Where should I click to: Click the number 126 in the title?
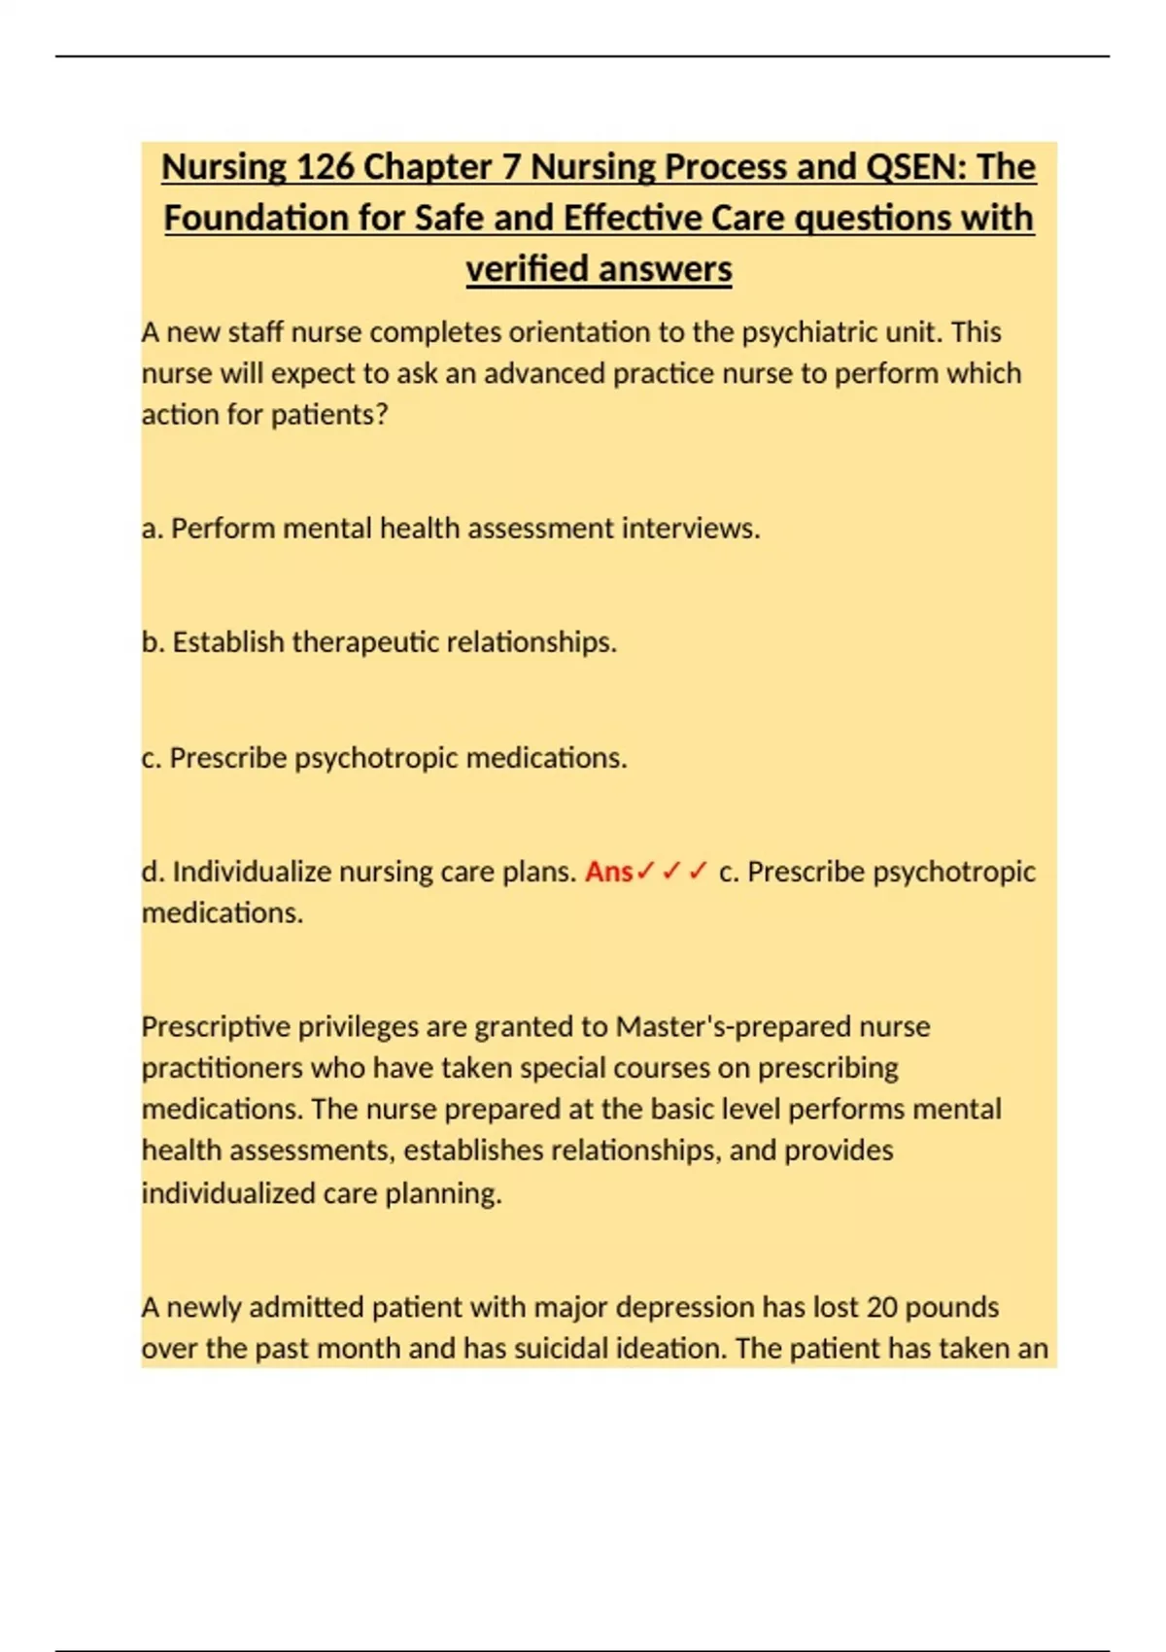click(x=325, y=167)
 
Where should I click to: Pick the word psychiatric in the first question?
click(x=810, y=332)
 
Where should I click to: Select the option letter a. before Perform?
click(x=152, y=529)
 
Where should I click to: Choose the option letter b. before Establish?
click(x=153, y=642)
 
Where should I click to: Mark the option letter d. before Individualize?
click(x=153, y=872)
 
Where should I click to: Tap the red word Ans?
click(x=608, y=872)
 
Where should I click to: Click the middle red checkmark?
click(x=671, y=872)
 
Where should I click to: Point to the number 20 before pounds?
click(x=881, y=1307)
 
